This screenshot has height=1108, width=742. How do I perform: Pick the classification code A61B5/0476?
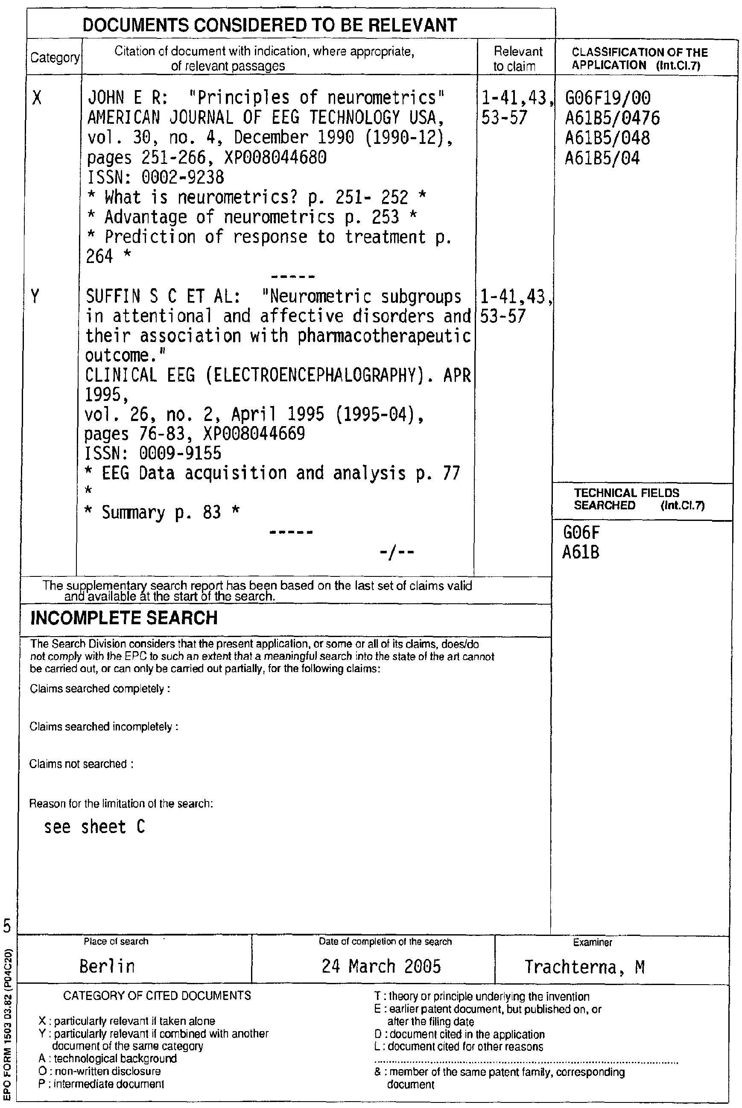tap(612, 118)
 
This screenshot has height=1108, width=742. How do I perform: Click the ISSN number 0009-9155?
tap(180, 453)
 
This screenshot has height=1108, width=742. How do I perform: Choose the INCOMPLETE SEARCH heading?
tap(124, 618)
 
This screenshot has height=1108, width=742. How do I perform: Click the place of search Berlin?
tap(107, 965)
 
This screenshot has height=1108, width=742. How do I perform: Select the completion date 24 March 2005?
tap(381, 965)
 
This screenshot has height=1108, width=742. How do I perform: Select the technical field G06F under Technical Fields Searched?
tap(581, 533)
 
